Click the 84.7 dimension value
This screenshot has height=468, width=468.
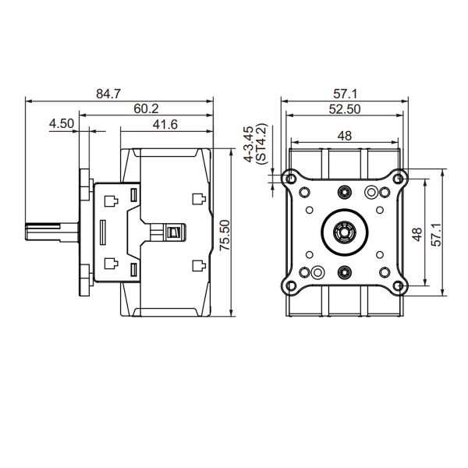pyautogui.click(x=108, y=94)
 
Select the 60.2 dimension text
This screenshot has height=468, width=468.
pyautogui.click(x=146, y=108)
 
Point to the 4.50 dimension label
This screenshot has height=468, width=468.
pyautogui.click(x=62, y=123)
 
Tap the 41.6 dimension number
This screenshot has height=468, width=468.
pyautogui.click(x=165, y=124)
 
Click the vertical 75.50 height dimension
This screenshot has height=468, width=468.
pyautogui.click(x=225, y=236)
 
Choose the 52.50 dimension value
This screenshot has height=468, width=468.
pyautogui.click(x=345, y=109)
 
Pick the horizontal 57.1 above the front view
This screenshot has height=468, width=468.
pyautogui.click(x=345, y=94)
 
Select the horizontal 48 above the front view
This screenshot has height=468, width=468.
pyautogui.click(x=345, y=136)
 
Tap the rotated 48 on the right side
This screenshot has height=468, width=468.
pyautogui.click(x=417, y=234)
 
